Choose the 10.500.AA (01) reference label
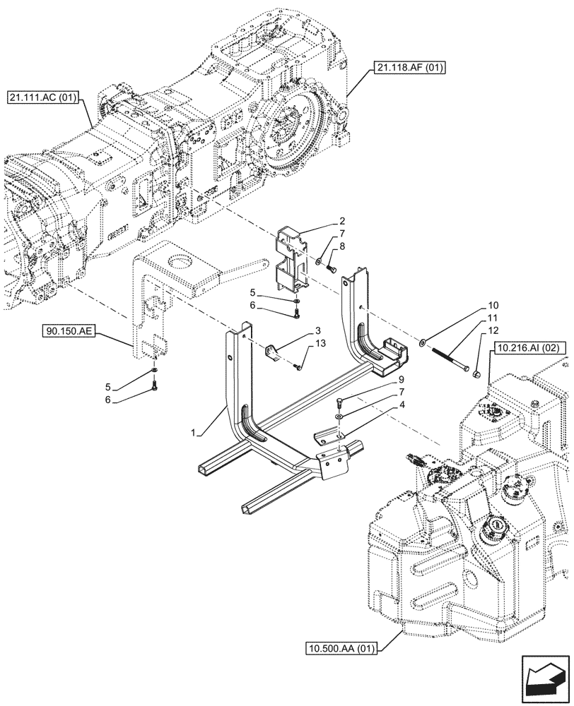tap(341, 647)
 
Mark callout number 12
tap(492, 330)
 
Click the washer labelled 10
tap(422, 342)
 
